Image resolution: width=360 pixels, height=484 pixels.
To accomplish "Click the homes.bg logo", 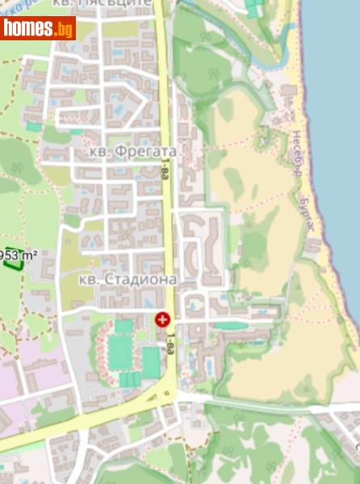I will [38, 28].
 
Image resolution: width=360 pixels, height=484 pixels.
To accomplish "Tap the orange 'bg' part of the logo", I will [63, 30].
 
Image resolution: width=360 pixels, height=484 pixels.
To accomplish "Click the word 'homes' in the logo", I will [28, 28].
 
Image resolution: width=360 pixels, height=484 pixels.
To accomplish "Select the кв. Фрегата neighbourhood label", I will [132, 151].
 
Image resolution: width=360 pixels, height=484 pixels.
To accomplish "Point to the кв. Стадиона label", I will [128, 279].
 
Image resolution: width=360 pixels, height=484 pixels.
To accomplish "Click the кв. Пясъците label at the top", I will [124, 3].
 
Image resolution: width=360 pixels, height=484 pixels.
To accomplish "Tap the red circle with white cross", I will [163, 319].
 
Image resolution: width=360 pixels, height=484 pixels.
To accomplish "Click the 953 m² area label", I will [19, 256].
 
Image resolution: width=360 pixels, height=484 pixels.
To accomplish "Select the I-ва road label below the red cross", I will [170, 345].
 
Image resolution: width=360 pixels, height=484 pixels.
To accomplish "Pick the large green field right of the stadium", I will [151, 361].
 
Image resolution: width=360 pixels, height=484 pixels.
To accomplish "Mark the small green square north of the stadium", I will [123, 327].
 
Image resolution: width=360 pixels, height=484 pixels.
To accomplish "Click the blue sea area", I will [339, 121].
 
